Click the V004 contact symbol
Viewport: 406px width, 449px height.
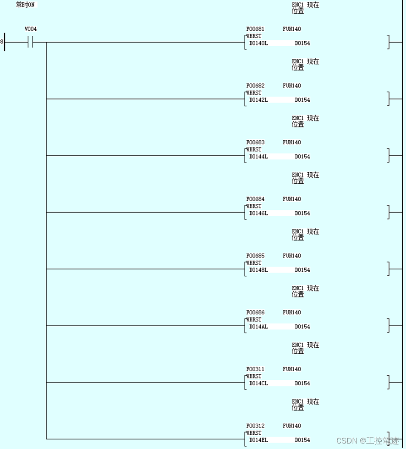(31, 43)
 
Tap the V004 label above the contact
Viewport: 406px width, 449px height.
(31, 29)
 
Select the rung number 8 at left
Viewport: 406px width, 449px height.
(2, 42)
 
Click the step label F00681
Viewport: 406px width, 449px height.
(255, 29)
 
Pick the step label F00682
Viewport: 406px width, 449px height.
(255, 86)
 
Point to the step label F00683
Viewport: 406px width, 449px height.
(255, 142)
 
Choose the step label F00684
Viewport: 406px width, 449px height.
(255, 199)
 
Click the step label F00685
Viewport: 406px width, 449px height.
(255, 256)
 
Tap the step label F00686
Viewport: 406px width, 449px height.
(255, 312)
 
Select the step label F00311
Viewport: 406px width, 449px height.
(255, 369)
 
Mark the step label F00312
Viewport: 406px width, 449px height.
(255, 426)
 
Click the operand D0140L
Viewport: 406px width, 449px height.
(258, 43)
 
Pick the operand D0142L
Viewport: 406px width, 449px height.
(258, 100)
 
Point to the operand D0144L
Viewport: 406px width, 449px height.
(258, 157)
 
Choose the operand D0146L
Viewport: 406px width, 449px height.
(258, 214)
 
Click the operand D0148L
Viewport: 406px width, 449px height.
(258, 270)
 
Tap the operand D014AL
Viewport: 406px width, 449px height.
(258, 327)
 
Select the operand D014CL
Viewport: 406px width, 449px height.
(258, 383)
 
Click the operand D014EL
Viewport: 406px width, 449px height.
(258, 440)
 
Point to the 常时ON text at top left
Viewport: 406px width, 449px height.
(25, 5)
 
